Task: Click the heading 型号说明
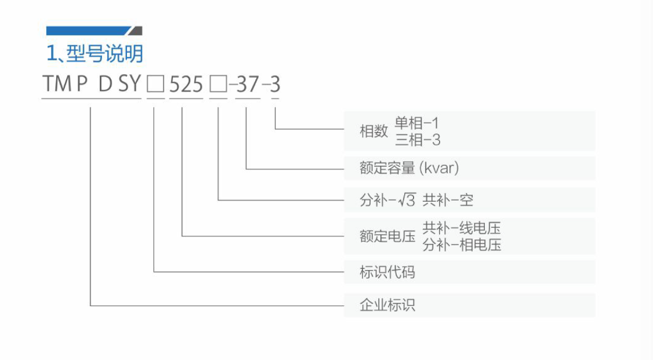(104, 54)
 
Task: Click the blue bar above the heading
(88, 31)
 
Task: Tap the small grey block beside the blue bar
(136, 31)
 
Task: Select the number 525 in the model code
(186, 85)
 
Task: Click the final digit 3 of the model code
(275, 85)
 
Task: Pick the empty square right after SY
(156, 85)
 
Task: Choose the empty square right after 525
(218, 85)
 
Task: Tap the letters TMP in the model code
(65, 84)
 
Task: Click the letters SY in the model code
(130, 84)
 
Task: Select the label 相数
(373, 131)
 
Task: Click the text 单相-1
(417, 123)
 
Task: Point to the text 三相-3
(418, 140)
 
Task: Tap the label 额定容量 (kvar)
(409, 168)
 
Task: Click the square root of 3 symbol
(407, 200)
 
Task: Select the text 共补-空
(448, 200)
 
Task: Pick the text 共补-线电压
(462, 228)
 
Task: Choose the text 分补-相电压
(462, 245)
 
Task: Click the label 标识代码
(387, 272)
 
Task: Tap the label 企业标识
(387, 305)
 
